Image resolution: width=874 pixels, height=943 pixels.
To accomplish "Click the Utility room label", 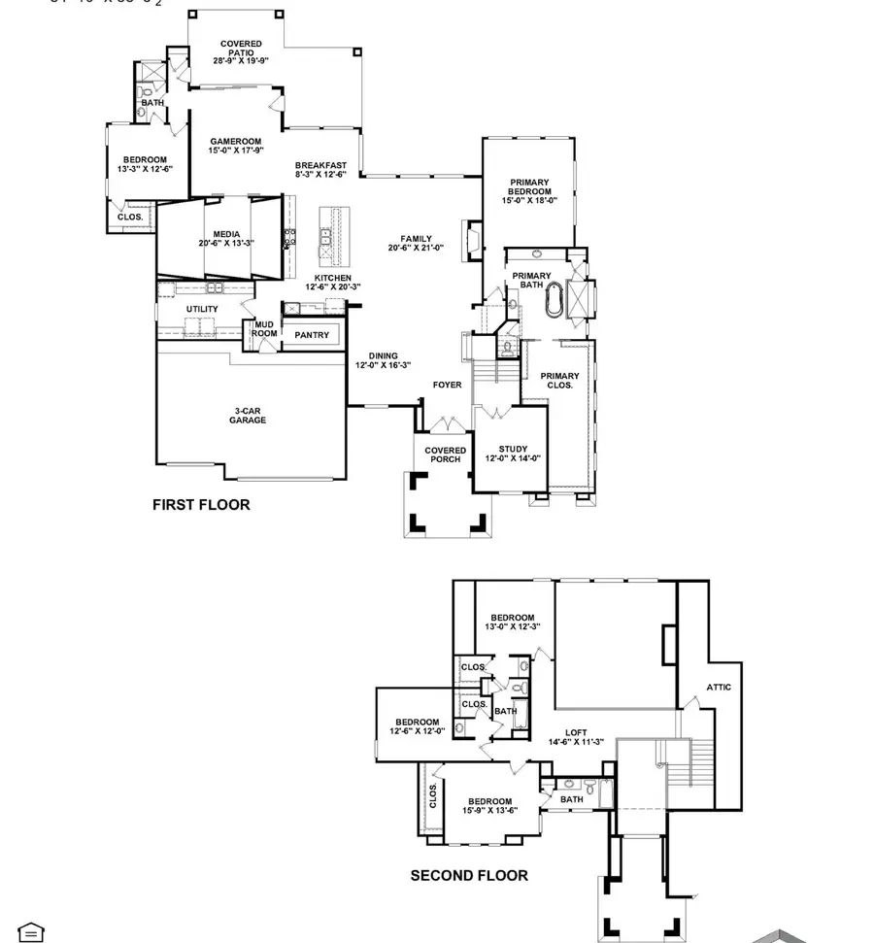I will [202, 309].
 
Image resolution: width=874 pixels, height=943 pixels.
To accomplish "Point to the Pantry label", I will [312, 335].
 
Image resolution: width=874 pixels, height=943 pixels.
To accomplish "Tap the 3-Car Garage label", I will [248, 416].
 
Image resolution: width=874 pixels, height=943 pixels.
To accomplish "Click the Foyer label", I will [447, 386].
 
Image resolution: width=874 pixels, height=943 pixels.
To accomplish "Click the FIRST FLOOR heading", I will [201, 505].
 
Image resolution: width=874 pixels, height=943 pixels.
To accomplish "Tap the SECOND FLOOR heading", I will [469, 875].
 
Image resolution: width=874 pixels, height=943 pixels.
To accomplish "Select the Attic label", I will [719, 687].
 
